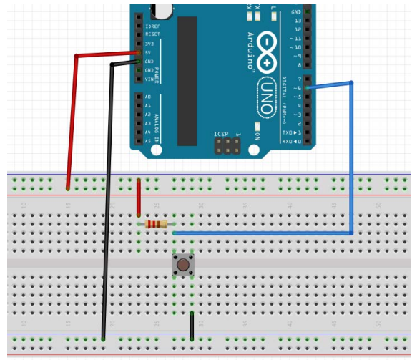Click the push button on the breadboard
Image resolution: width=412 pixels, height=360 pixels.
coord(184,266)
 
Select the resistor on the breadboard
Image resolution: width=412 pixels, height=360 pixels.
coord(157,225)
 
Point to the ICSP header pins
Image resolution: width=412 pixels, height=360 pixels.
coord(223,147)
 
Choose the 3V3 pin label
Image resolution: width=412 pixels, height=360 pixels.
coord(149,44)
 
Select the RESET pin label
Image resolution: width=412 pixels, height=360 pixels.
coord(152,34)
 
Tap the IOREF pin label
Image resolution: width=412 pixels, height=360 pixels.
coord(152,25)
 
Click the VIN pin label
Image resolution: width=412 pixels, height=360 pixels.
coord(149,79)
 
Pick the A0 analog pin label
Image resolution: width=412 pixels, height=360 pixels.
coord(148,97)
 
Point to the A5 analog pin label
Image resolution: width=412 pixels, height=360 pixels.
coord(148,141)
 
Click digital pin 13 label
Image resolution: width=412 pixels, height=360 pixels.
coord(297,21)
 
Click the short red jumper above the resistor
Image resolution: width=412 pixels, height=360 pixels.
coord(138,197)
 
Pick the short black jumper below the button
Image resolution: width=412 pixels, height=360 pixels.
coord(192,325)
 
